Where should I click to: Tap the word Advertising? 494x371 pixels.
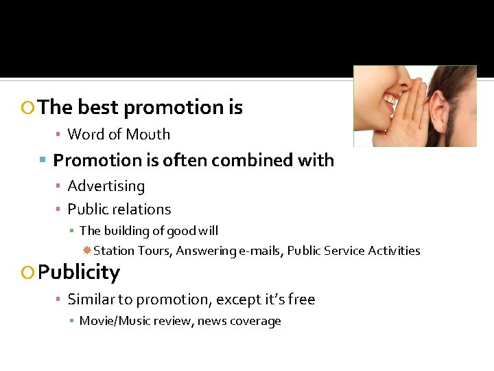tap(106, 186)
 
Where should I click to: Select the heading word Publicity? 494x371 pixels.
tap(79, 272)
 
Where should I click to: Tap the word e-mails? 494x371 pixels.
tap(259, 251)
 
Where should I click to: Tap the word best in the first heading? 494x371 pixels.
tap(98, 107)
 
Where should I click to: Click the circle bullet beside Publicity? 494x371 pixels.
tap(28, 273)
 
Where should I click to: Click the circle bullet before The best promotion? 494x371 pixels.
tap(28, 108)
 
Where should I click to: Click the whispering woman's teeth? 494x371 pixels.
tap(391, 99)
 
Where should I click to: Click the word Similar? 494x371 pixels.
tap(93, 300)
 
